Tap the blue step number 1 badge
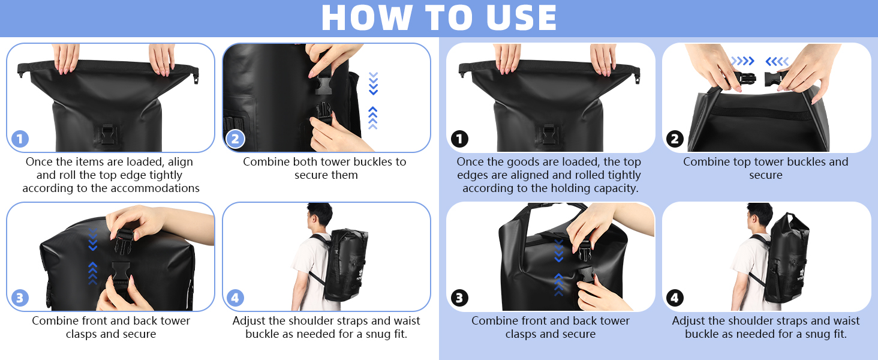tap(20, 139)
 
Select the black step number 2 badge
tap(675, 139)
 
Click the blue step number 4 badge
tap(235, 298)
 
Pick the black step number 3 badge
tap(459, 298)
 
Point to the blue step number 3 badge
tap(20, 298)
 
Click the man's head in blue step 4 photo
tap(319, 215)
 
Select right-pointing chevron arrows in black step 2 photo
tap(742, 61)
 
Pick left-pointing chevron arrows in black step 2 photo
tap(777, 61)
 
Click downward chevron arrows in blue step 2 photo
tap(373, 83)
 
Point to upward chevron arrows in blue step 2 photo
tap(373, 118)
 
